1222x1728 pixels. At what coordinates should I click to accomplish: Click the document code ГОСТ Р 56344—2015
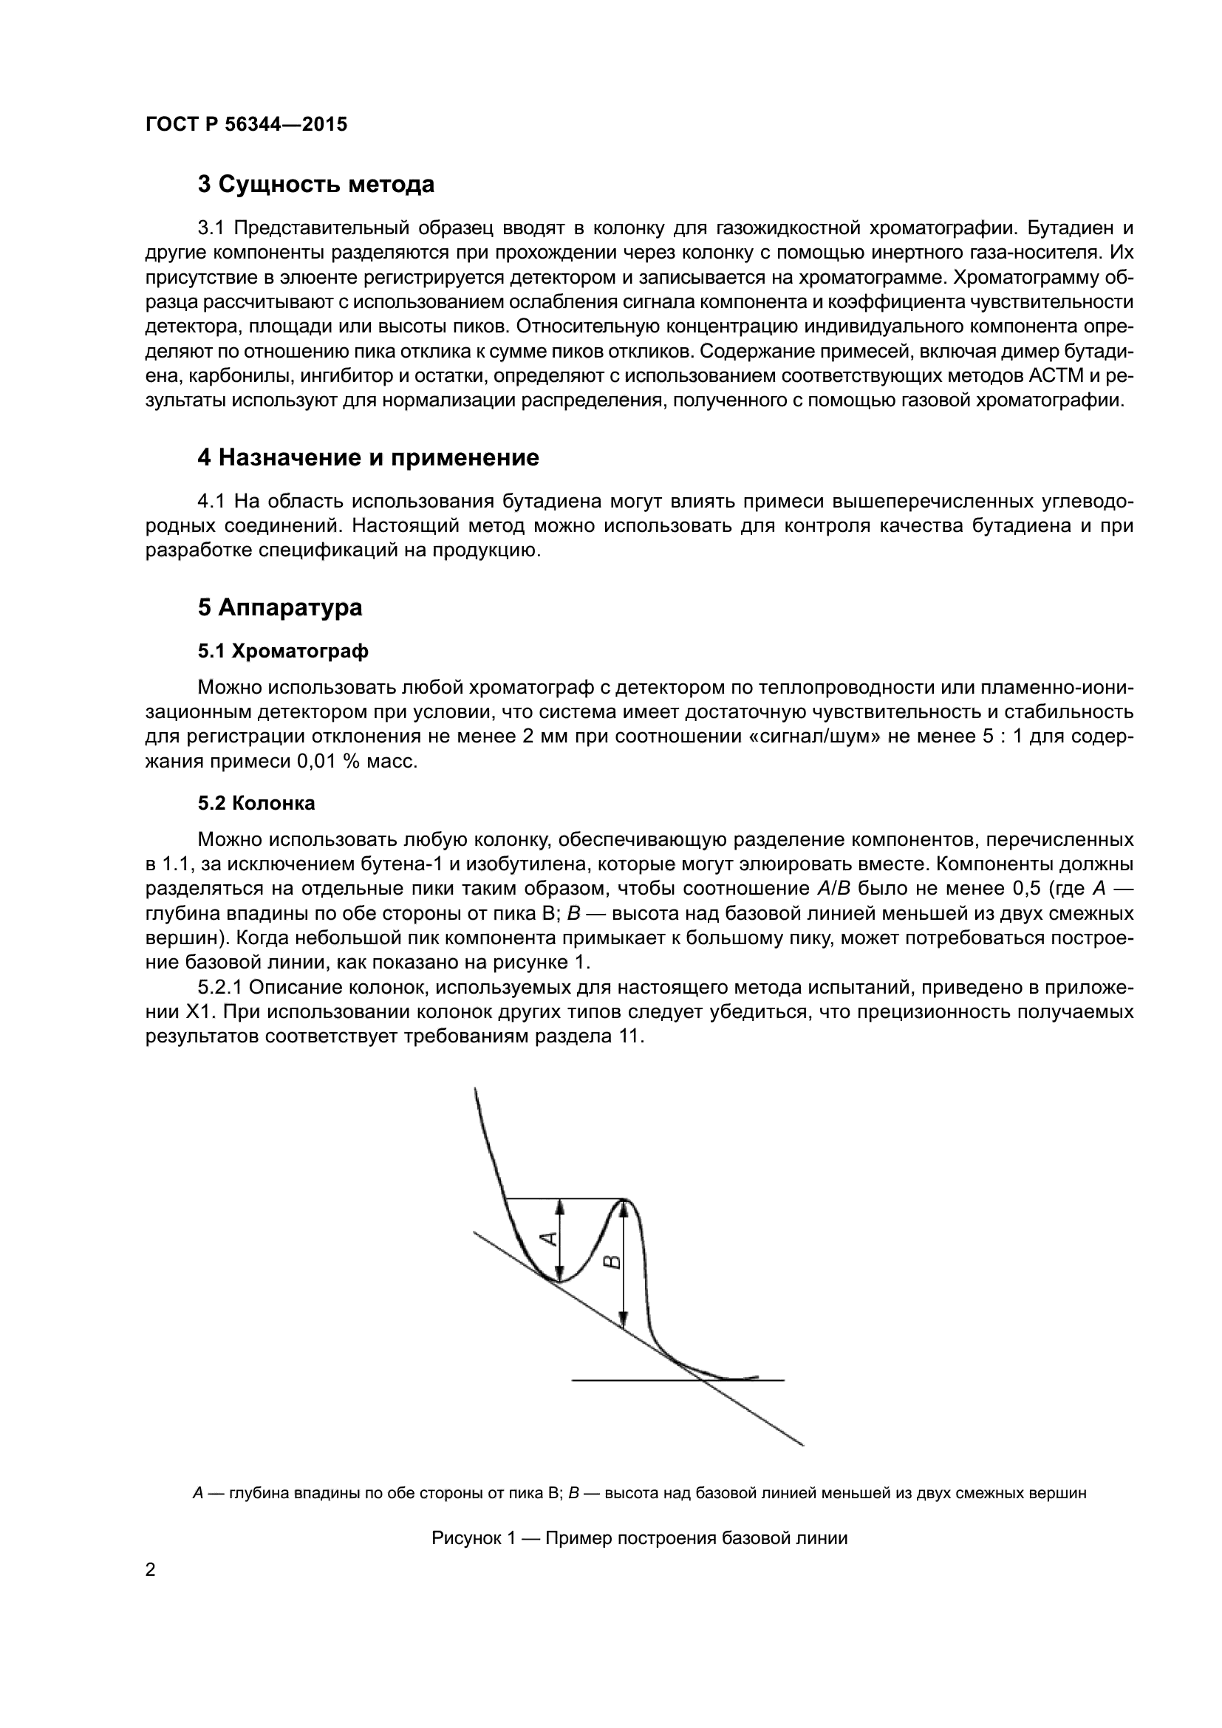tap(246, 125)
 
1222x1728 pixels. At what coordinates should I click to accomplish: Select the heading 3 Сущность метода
tap(316, 185)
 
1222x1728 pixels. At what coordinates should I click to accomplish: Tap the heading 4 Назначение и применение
tap(368, 457)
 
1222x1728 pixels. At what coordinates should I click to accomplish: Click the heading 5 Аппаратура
tap(280, 608)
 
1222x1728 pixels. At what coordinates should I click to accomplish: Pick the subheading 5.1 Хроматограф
tap(283, 652)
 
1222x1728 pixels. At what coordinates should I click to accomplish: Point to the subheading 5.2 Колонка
tap(256, 804)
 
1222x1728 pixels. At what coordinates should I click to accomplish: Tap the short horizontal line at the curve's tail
tap(677, 1380)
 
